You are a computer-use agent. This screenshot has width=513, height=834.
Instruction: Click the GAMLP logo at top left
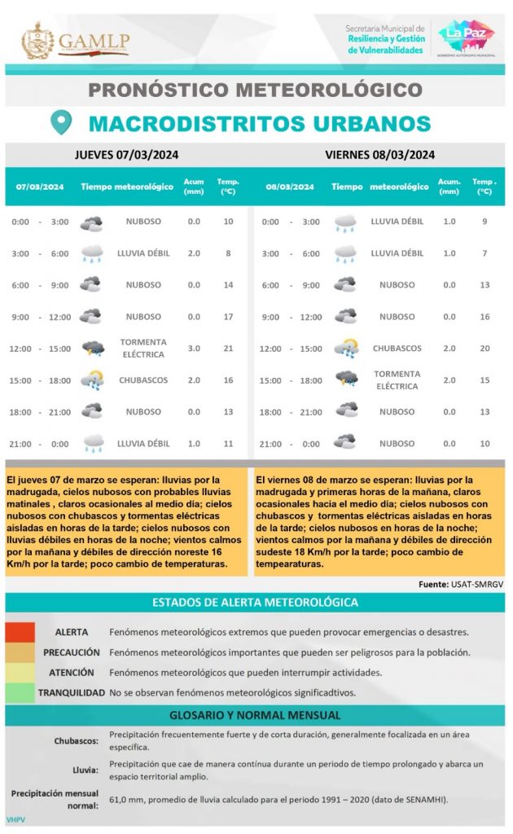75,40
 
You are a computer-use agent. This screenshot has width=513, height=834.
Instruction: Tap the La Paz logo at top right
466,37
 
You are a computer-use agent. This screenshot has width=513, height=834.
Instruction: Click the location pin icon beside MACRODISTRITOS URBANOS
61,123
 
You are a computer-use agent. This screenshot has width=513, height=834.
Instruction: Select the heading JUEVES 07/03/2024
127,155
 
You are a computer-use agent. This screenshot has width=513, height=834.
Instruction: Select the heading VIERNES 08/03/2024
379,155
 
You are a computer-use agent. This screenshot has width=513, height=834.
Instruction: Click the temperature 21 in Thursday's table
228,349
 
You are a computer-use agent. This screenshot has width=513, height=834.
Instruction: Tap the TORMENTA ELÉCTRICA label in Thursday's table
143,349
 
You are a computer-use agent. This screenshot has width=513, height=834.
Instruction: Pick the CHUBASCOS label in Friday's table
397,349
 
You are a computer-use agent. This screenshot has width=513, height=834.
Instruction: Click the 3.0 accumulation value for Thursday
194,349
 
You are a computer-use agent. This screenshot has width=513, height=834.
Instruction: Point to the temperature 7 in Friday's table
484,253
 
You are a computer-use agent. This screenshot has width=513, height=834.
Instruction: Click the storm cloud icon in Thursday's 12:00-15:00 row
92,349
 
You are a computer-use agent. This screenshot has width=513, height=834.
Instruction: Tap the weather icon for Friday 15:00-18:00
346,380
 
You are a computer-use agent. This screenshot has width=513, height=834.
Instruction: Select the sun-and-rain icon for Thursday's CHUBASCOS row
92,380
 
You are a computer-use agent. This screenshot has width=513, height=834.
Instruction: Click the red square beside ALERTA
20,632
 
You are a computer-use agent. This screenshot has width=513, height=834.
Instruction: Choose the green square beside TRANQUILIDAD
20,693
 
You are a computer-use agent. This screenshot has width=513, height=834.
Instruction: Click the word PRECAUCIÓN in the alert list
72,652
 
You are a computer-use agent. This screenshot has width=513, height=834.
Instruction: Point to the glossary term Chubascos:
77,740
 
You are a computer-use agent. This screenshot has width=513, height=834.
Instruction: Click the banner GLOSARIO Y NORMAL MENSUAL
255,716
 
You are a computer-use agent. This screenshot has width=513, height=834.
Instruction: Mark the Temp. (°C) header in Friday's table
484,187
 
